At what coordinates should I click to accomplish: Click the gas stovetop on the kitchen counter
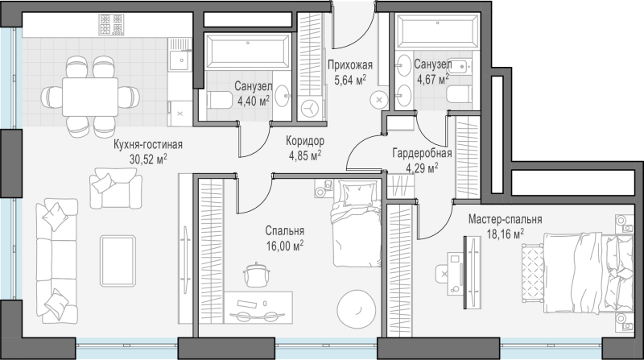pyautogui.click(x=111, y=24)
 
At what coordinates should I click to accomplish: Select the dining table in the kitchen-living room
pyautogui.click(x=90, y=97)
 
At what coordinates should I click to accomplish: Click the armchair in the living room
pyautogui.click(x=116, y=188)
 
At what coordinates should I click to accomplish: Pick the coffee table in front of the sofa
pyautogui.click(x=118, y=261)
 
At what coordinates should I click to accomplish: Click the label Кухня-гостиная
pyautogui.click(x=148, y=145)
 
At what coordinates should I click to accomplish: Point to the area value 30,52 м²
pyautogui.click(x=148, y=159)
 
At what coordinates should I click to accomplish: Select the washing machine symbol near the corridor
pyautogui.click(x=309, y=109)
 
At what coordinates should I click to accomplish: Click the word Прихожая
pyautogui.click(x=350, y=65)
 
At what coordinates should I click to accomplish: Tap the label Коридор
pyautogui.click(x=305, y=141)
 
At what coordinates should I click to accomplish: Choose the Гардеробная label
pyautogui.click(x=422, y=154)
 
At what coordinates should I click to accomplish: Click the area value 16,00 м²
pyautogui.click(x=285, y=246)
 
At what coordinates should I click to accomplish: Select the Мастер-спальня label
pyautogui.click(x=506, y=219)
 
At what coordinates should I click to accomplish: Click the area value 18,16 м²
pyautogui.click(x=506, y=234)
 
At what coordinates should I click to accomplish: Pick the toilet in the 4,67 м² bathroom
pyautogui.click(x=458, y=96)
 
